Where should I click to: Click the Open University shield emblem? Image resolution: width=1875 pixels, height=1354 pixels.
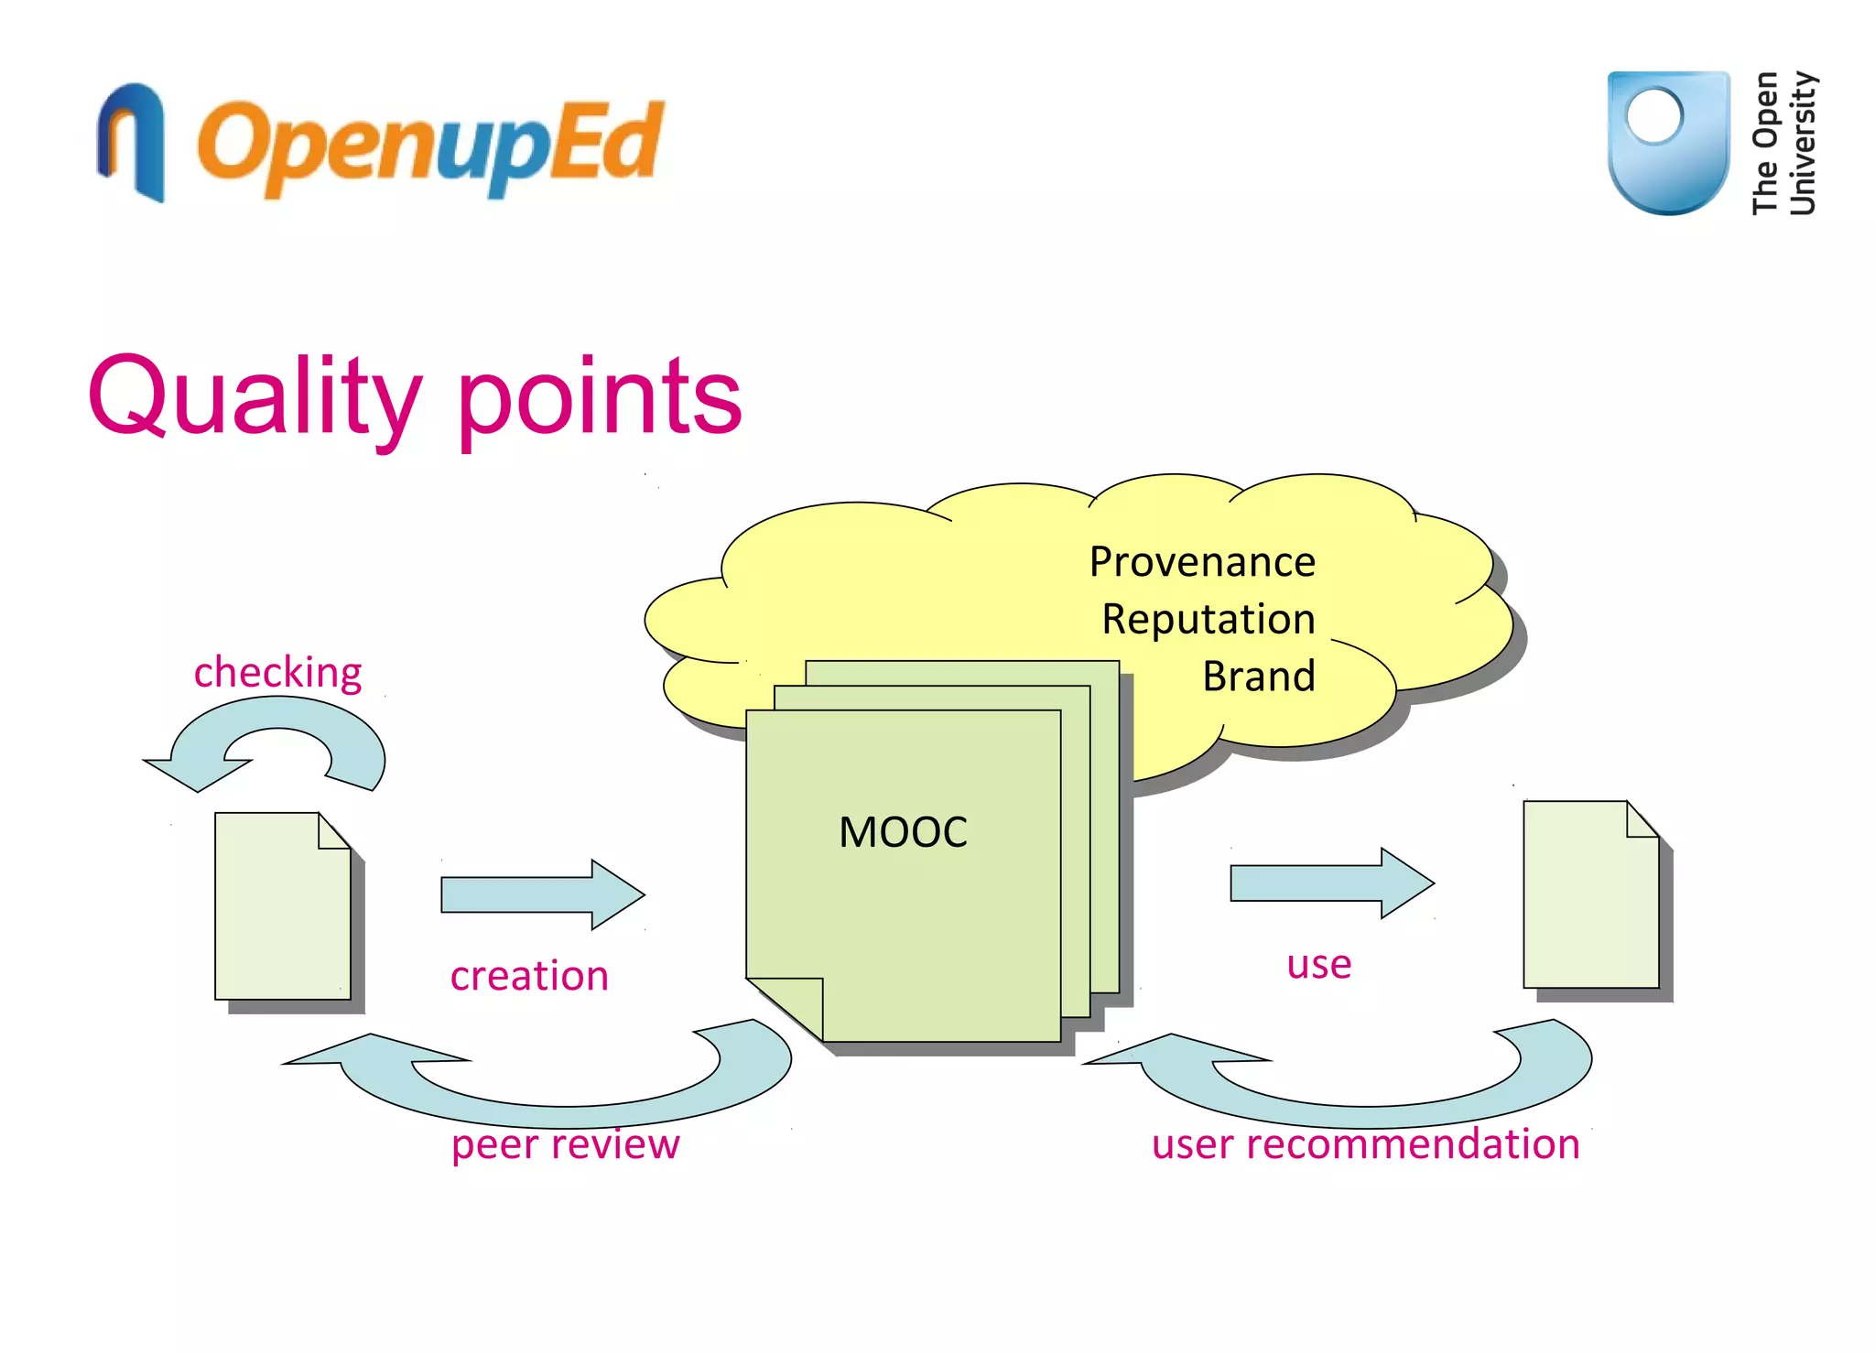tap(1667, 142)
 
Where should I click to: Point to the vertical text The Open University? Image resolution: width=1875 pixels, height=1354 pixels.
tap(1783, 143)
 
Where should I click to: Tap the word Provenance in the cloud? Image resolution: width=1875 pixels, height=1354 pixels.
tap(1201, 561)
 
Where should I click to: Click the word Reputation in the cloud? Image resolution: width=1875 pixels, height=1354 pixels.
tap(1208, 619)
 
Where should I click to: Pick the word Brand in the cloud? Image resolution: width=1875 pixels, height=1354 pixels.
tap(1258, 677)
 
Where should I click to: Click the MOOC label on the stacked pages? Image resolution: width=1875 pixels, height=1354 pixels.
tap(903, 832)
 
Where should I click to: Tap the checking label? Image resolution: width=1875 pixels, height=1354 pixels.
tap(277, 672)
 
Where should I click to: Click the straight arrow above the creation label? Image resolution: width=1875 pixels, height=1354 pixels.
tap(540, 894)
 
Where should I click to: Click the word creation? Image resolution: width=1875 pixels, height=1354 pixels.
tap(529, 975)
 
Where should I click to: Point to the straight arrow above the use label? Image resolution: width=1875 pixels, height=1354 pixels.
tap(1329, 883)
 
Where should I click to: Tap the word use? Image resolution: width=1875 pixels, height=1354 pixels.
tap(1318, 964)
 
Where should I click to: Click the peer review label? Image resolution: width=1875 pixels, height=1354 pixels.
tap(565, 1143)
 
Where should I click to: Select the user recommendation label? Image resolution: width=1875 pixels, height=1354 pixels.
tap(1365, 1143)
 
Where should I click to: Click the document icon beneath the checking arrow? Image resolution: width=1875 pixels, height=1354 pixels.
tap(282, 906)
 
